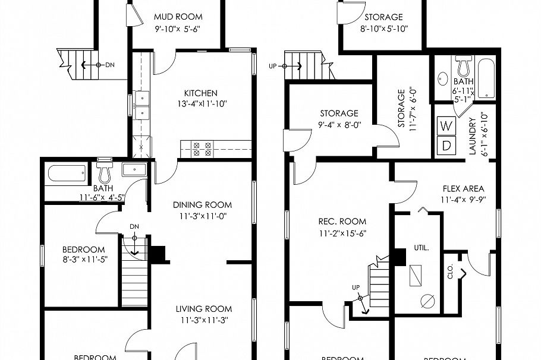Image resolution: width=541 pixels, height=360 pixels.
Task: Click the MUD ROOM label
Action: [178, 17]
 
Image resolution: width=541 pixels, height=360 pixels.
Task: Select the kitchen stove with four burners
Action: [201, 148]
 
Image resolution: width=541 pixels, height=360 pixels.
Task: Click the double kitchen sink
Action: [141, 106]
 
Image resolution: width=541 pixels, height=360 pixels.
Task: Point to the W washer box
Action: [446, 126]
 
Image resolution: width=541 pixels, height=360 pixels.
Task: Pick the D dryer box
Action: [446, 144]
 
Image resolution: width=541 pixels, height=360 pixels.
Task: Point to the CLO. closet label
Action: [450, 271]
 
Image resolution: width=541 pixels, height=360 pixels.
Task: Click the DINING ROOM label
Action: [200, 205]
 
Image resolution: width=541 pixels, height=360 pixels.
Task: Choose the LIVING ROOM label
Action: [203, 309]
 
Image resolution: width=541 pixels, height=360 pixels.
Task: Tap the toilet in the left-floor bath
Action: [105, 173]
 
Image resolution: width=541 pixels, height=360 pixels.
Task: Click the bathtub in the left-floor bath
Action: [67, 174]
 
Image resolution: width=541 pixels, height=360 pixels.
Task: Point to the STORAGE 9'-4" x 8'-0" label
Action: [339, 113]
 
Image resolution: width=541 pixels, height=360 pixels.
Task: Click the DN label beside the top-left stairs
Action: [109, 65]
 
